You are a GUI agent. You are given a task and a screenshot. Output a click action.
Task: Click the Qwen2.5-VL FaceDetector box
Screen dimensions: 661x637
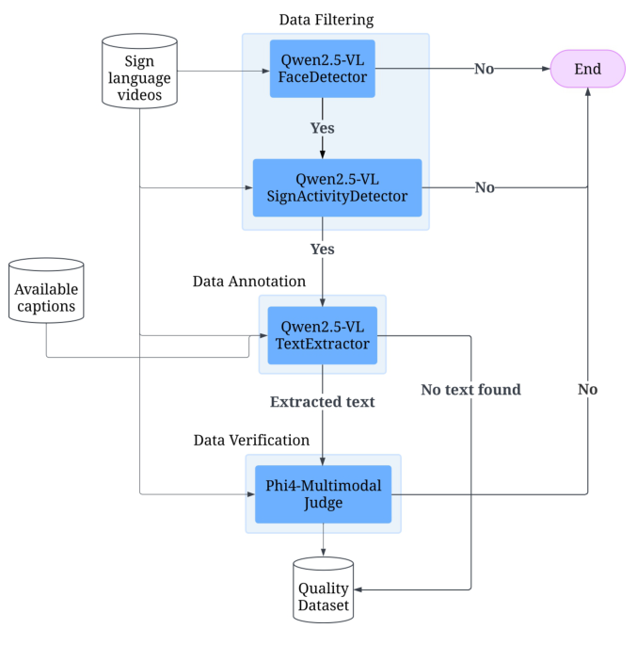323,69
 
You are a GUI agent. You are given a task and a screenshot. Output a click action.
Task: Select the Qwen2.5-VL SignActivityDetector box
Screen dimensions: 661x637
337,187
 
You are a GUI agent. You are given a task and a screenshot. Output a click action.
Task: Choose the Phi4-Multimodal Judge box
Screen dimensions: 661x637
323,493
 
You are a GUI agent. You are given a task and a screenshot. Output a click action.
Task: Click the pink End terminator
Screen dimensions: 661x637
588,69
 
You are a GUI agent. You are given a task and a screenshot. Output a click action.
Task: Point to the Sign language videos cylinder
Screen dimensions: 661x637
139,72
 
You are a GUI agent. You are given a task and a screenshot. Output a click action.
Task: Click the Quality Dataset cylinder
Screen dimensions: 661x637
323,591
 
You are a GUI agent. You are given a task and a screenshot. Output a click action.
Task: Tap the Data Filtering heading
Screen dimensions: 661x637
326,20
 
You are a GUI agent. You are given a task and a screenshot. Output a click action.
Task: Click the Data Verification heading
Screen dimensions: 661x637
251,440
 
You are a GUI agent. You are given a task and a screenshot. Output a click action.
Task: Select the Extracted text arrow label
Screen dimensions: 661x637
323,402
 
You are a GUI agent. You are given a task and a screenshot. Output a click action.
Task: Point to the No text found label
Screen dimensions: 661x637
470,389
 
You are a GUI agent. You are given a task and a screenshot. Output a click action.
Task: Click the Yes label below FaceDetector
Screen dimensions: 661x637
323,128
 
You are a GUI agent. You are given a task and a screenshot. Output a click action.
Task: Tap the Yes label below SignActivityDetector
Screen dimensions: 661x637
323,250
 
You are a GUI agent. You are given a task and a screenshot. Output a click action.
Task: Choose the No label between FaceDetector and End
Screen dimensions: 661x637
485,69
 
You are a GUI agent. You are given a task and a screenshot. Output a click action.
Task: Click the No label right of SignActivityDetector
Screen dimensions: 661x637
485,187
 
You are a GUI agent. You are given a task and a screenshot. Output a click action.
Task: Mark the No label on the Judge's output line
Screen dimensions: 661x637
588,389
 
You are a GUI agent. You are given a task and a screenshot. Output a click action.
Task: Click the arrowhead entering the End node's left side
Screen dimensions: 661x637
545,69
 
